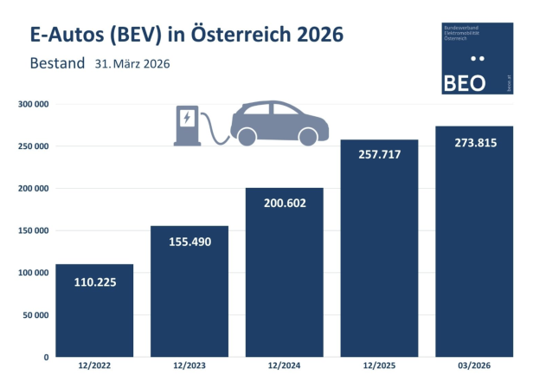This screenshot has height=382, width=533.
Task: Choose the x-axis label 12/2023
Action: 189,367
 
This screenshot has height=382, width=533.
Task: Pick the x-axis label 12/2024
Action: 285,367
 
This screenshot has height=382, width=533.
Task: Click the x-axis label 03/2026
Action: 474,367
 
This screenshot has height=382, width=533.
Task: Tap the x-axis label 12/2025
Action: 380,367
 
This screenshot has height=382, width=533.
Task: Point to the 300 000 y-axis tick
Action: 31,104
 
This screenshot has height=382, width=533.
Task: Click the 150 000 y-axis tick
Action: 31,230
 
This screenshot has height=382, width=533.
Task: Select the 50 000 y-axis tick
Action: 34,314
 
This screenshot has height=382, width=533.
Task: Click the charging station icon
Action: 186,126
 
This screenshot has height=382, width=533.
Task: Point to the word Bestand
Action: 57,64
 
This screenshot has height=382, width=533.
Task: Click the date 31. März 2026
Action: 132,65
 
